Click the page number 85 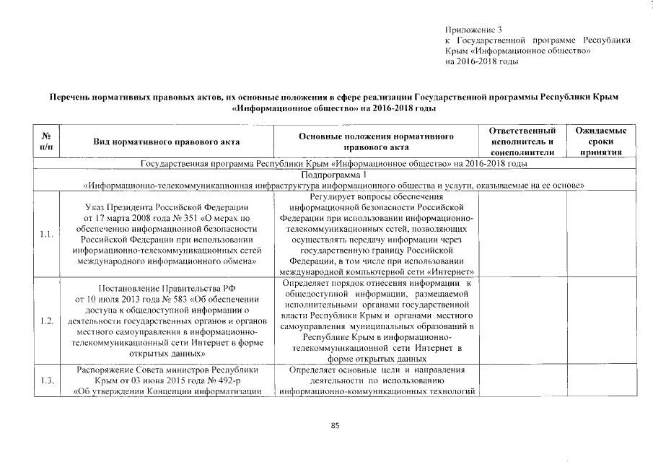[x=335, y=426]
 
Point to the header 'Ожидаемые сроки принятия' [x=601, y=141]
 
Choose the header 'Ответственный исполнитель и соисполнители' [x=522, y=141]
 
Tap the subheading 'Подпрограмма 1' [x=335, y=175]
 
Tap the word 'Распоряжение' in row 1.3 [x=105, y=370]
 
